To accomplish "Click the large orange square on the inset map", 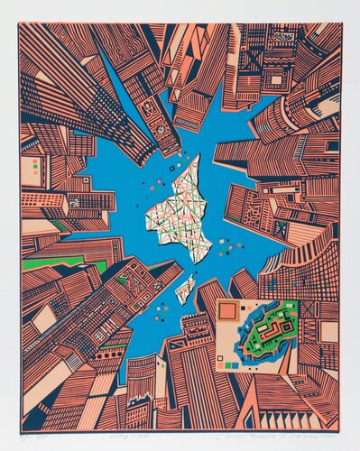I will [x=227, y=312].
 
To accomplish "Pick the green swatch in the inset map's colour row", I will [x=227, y=365].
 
